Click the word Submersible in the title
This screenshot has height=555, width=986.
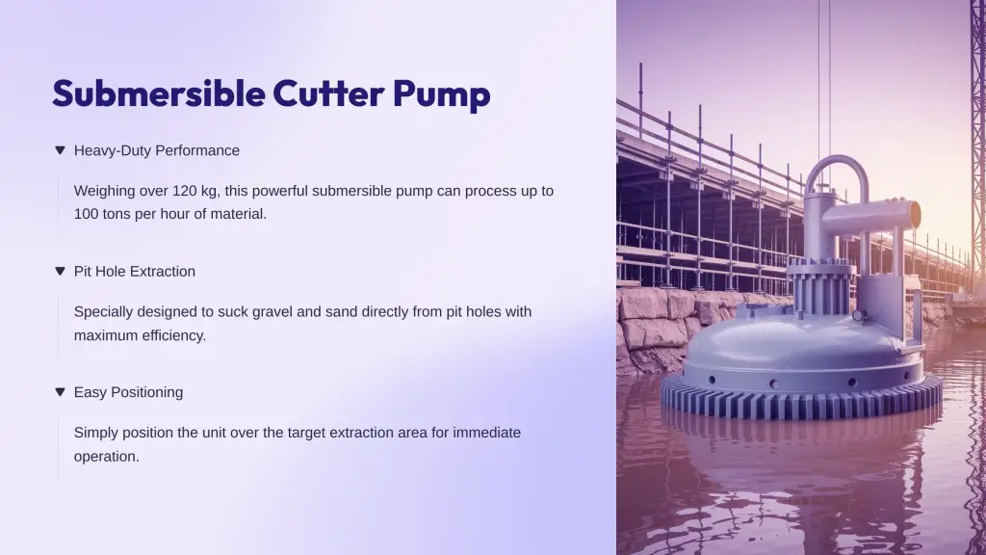[x=159, y=93]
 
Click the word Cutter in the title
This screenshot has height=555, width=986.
[x=328, y=93]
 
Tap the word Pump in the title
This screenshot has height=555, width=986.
[x=441, y=94]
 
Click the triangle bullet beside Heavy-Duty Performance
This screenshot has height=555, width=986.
[x=60, y=150]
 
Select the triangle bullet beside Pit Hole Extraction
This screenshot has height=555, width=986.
[x=60, y=271]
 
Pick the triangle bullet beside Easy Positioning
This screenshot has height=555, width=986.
[x=60, y=392]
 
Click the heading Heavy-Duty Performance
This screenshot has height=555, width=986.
[x=157, y=150]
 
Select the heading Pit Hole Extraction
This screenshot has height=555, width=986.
[x=135, y=271]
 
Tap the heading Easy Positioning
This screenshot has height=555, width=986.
[x=128, y=393]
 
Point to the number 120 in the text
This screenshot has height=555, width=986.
[x=184, y=191]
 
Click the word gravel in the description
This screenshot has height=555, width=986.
[x=272, y=312]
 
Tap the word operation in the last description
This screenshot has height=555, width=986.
[x=106, y=457]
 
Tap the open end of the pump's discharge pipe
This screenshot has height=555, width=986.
[x=914, y=215]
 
